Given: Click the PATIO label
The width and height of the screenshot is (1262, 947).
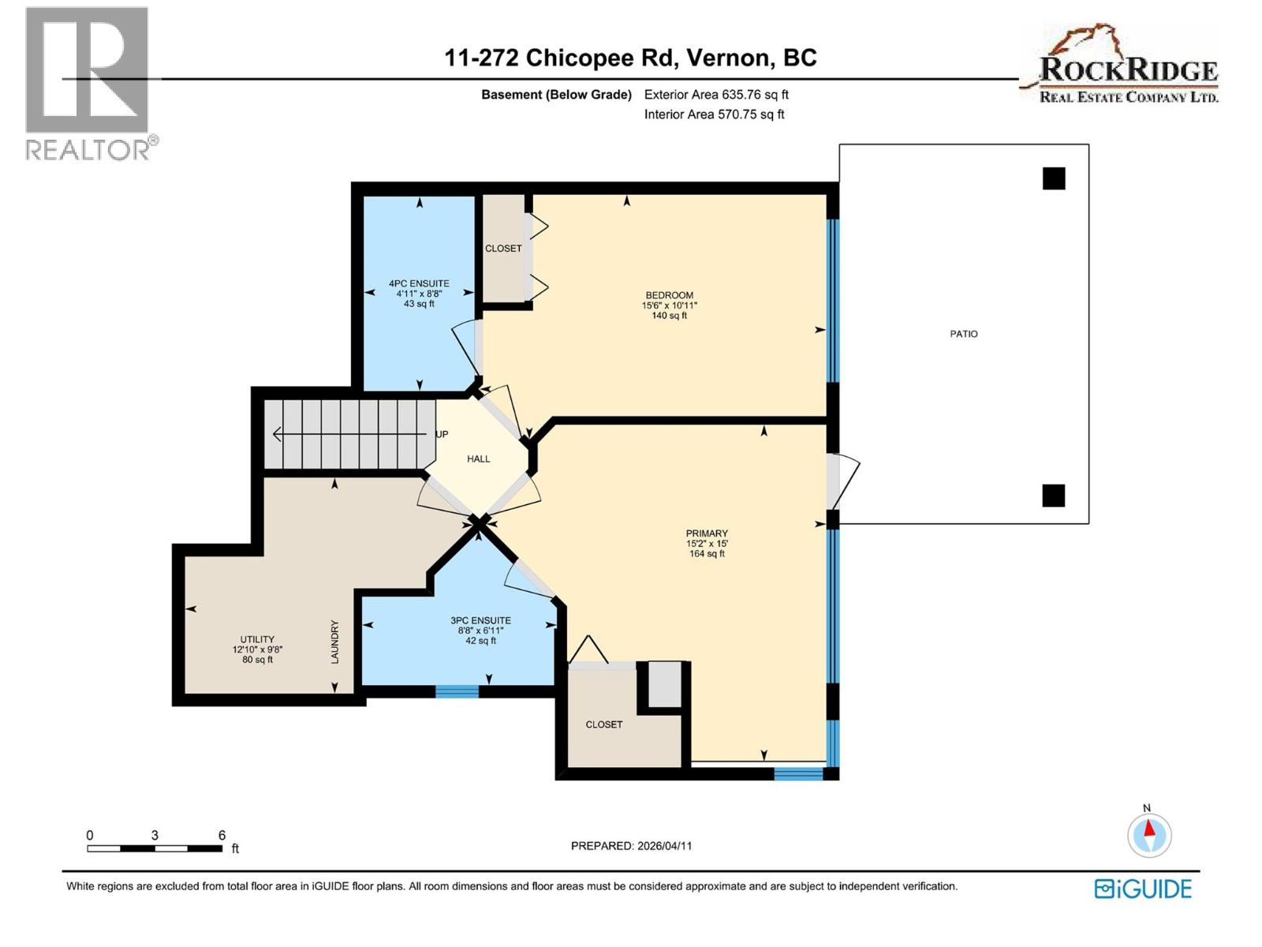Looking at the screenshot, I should [963, 334].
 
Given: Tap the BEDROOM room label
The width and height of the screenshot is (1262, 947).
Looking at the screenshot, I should [669, 295].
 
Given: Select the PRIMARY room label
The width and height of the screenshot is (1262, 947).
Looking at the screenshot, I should [707, 533].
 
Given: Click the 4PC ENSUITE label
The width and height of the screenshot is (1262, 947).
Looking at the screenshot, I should [419, 283].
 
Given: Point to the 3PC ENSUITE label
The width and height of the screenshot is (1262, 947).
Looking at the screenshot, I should [480, 620].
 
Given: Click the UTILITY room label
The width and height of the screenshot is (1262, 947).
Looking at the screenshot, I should [257, 639].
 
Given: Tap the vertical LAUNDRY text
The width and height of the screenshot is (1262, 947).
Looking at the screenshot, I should [334, 641].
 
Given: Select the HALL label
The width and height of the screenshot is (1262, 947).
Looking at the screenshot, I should [478, 459].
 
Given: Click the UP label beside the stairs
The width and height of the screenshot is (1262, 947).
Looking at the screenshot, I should [442, 434].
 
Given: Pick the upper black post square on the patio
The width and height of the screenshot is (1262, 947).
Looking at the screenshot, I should [1054, 178].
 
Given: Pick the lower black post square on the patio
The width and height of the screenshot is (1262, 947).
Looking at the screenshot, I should [1054, 496].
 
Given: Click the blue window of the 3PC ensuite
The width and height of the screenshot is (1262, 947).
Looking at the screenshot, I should [457, 692].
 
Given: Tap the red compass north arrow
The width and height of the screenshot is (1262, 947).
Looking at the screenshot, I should [1149, 829].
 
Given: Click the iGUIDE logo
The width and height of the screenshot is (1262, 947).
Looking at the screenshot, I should [1143, 889].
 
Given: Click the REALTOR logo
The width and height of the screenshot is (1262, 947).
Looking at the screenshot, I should [88, 83].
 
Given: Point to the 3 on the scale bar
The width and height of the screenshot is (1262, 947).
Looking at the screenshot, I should [155, 835].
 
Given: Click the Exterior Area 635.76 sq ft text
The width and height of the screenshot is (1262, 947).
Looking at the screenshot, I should [716, 95].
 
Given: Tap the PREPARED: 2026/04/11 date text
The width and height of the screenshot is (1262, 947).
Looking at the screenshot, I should [631, 845].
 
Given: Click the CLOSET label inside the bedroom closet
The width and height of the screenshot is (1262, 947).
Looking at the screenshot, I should [503, 248].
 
